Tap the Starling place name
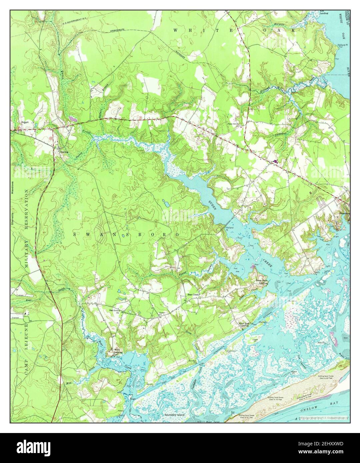pyautogui.click(x=64, y=152)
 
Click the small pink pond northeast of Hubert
pyautogui.click(x=73, y=118)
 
